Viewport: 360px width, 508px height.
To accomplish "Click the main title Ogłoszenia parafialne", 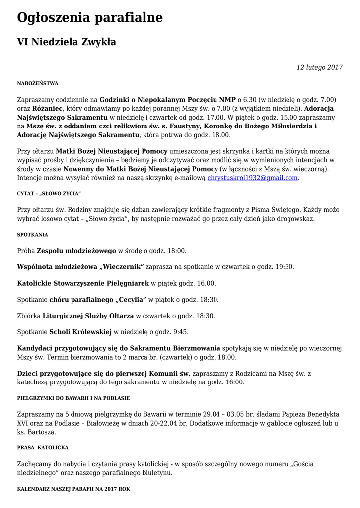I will pos(90,18).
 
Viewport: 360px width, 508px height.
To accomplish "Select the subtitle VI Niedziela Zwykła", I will pos(67,42).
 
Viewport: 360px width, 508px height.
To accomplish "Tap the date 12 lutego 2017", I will pos(320,67).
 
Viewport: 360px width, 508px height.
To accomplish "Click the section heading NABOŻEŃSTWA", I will pos(38,83).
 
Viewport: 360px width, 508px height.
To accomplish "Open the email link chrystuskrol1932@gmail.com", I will pos(252,177).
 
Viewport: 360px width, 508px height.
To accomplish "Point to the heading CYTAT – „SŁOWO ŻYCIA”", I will pos(49,193).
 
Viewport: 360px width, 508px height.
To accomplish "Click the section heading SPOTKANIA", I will pos(33,235).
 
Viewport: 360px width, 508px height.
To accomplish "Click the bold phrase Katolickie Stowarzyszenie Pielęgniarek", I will pos(83,283).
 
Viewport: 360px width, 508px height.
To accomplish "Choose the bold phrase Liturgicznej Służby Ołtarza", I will pos(88,316).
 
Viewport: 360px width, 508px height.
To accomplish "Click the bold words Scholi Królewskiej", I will pos(80,332).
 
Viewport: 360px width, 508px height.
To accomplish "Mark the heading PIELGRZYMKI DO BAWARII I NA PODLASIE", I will pos(73,398).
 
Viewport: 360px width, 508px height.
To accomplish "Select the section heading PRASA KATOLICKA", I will pos(43,448).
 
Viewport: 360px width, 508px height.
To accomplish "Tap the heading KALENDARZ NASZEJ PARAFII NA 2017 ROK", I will pos(73,489).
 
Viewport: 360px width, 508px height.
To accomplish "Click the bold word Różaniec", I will pos(48,108).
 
